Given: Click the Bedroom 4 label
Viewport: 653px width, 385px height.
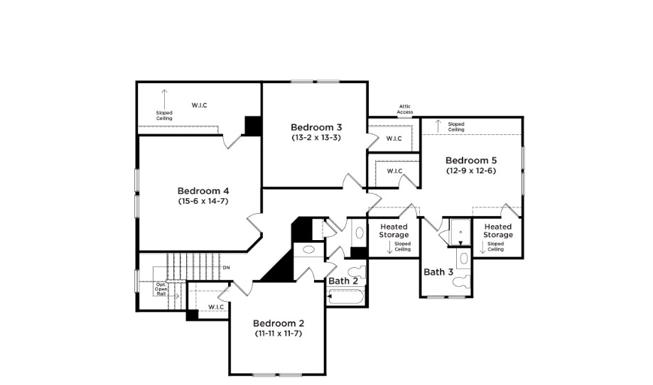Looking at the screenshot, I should (x=203, y=190).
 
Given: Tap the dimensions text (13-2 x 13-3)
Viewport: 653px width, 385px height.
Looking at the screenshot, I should (x=316, y=137).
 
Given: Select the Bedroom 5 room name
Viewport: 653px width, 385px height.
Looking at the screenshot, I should (x=471, y=161).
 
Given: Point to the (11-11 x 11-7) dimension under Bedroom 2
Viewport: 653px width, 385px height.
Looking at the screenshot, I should (x=278, y=333).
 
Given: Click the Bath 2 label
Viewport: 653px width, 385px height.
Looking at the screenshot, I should (x=343, y=281).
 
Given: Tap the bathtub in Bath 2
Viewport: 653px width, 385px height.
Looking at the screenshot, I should (x=347, y=296).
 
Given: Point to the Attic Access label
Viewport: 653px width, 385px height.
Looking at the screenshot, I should (x=404, y=109).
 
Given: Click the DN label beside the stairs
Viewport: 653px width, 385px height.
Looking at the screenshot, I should (x=226, y=267).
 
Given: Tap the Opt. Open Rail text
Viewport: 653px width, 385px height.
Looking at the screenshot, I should (x=161, y=289).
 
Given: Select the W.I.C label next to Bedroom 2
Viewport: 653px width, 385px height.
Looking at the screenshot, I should (x=216, y=307).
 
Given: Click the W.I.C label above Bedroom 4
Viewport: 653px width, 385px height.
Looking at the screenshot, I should (x=199, y=106).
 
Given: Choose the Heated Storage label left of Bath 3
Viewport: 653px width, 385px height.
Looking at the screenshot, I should (x=394, y=231).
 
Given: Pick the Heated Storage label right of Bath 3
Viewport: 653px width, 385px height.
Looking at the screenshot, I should (x=497, y=231).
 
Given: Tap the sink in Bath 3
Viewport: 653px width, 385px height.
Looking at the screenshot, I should (x=463, y=258).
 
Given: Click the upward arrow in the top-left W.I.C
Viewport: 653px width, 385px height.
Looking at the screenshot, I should (x=164, y=97).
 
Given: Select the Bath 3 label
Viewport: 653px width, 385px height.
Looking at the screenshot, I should (x=438, y=272).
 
